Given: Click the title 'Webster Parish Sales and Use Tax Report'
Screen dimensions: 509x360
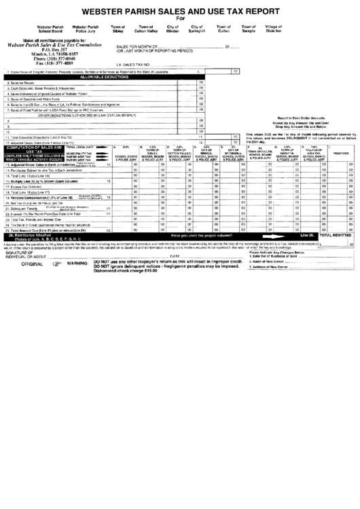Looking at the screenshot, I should coord(180,11).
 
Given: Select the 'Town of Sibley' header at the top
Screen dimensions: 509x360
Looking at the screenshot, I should coord(118,29).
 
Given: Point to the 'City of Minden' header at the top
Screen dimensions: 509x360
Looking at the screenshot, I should coord(173,29).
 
